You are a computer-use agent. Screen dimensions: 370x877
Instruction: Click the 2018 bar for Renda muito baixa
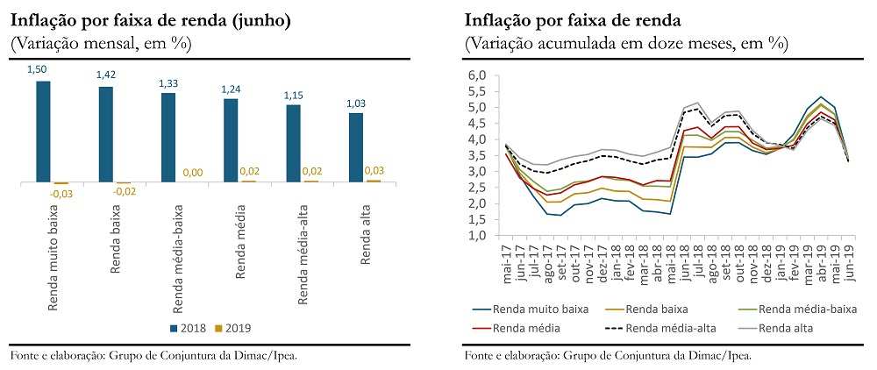point(43,132)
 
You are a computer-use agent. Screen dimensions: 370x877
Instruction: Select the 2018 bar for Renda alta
point(356,147)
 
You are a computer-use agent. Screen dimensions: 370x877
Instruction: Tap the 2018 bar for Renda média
point(231,140)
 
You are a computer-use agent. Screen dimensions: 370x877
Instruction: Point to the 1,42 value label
point(105,75)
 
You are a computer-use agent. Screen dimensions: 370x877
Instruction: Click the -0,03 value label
point(61,194)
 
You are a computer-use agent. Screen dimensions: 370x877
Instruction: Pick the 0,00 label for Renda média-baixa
point(192,174)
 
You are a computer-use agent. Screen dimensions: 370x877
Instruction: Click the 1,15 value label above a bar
point(293,94)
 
